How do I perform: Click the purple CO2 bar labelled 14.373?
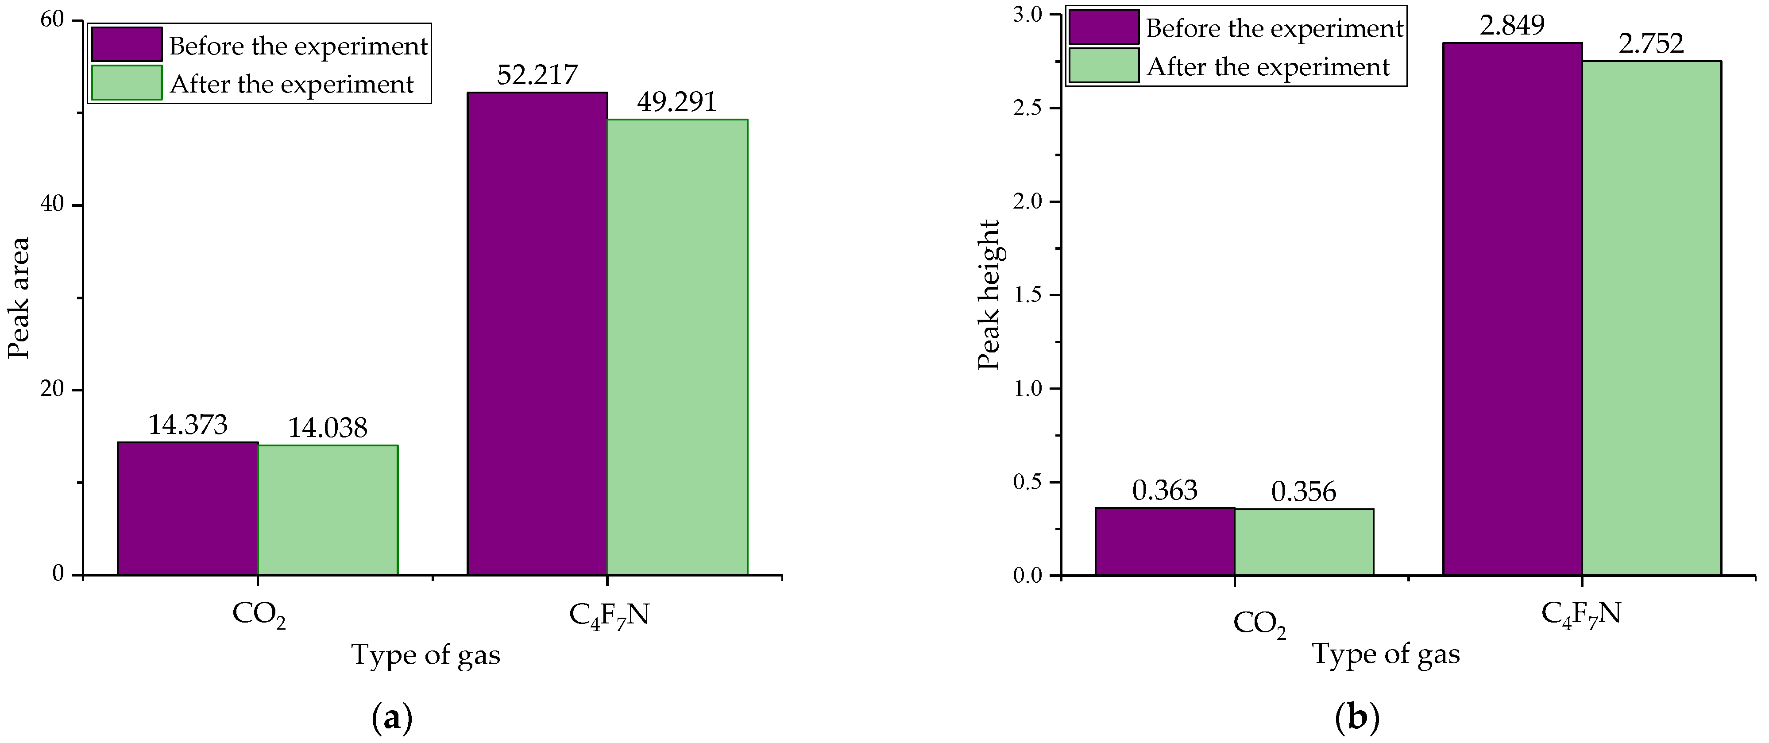point(187,508)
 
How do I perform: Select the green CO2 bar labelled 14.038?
point(328,510)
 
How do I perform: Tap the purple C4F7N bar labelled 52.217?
point(537,333)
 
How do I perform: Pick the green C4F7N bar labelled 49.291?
point(677,347)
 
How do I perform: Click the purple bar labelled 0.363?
point(1165,541)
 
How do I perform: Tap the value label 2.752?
point(1651,44)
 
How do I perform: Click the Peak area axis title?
point(19,298)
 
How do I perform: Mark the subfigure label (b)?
point(1357,718)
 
